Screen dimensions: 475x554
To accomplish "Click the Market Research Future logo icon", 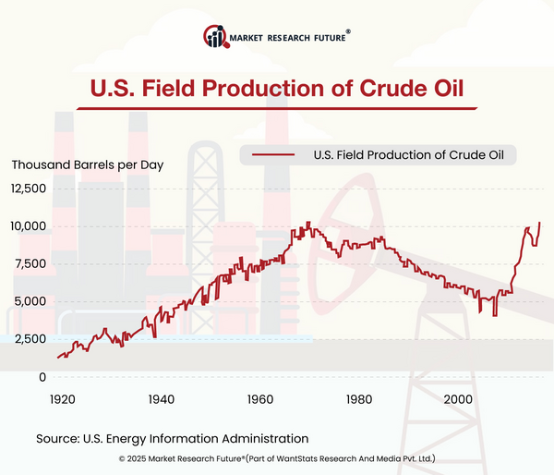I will (216, 38).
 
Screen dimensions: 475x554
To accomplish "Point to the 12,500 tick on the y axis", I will (29, 189).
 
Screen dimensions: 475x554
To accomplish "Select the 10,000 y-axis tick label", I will (29, 226).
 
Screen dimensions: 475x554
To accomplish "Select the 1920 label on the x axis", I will (62, 399).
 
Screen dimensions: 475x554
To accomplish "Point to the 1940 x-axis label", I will (161, 399).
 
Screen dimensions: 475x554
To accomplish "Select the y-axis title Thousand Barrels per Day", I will (87, 164).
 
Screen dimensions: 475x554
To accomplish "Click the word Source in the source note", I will (59, 438).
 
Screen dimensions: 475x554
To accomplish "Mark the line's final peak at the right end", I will (539, 223).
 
